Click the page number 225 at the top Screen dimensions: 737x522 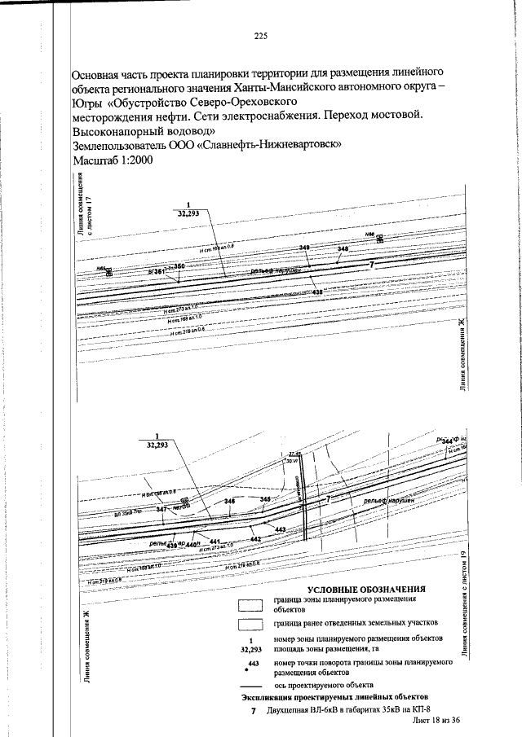click(261, 36)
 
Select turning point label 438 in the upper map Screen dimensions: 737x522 click(317, 292)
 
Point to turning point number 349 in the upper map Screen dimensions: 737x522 click(305, 247)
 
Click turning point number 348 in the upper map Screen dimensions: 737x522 click(343, 248)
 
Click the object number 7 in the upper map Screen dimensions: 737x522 click(371, 265)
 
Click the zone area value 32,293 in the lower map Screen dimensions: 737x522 click(157, 445)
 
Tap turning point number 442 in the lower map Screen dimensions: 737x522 click(255, 539)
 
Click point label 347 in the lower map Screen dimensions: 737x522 click(161, 509)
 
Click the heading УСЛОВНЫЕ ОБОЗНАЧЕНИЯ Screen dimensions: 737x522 click(367, 588)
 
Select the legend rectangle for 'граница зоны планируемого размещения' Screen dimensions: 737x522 click(251, 604)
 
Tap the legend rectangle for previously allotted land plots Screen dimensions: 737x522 click(251, 624)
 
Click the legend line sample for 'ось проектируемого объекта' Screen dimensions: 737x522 click(251, 685)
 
